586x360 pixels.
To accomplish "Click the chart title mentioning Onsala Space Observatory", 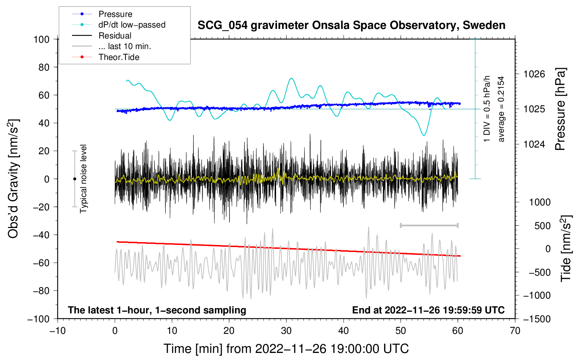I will tap(351, 25).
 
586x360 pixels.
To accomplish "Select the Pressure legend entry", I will tap(115, 14).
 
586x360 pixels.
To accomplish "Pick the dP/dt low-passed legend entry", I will tap(132, 25).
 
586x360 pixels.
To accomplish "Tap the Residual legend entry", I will tap(115, 36).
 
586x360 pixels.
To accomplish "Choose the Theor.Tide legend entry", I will tap(119, 57).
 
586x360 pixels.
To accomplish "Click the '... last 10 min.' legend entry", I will tap(125, 46).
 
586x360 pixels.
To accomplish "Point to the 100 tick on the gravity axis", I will tap(41, 39).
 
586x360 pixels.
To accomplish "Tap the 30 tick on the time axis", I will tap(286, 331).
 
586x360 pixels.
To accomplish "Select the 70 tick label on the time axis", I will tap(515, 331).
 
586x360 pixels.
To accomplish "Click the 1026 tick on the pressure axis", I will tap(534, 74).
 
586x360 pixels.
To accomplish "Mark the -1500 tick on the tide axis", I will tap(537, 319).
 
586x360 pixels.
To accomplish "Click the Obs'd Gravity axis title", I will tap(13, 179).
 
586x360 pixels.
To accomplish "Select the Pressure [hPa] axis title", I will tap(560, 109).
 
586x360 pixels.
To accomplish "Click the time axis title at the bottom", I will tap(286, 349).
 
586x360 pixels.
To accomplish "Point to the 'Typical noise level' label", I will tap(83, 179).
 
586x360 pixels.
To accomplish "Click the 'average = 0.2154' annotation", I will tap(501, 109).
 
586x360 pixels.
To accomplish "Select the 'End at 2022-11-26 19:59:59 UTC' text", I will tap(428, 310).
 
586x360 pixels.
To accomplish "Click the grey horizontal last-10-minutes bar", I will tap(429, 225).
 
